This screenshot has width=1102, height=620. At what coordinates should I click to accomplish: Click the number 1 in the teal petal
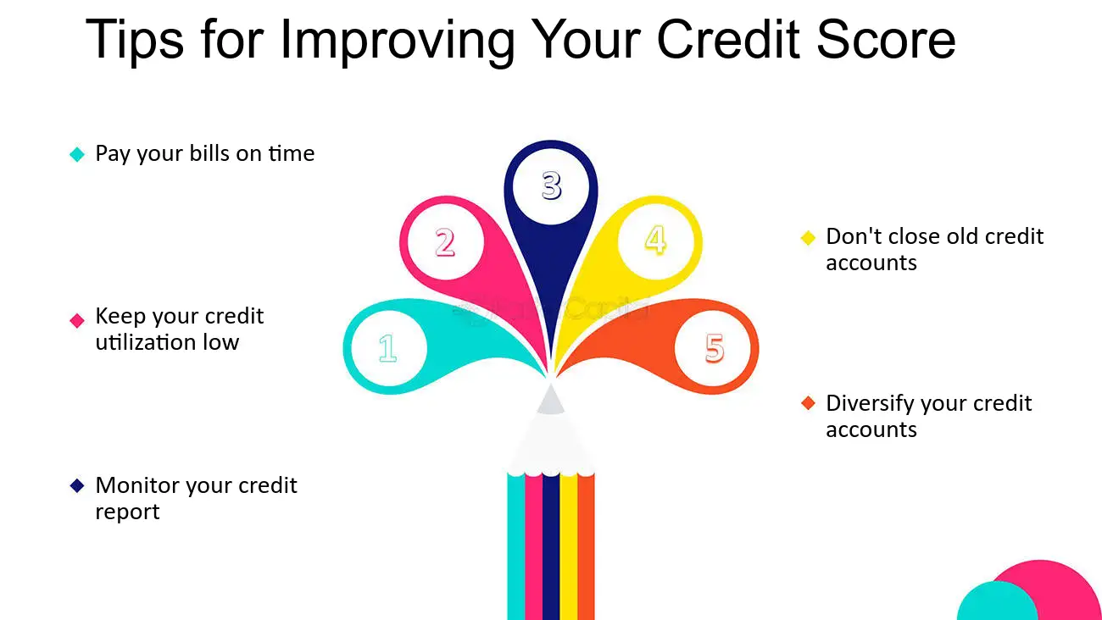387,348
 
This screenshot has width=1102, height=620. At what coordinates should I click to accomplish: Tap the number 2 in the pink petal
445,243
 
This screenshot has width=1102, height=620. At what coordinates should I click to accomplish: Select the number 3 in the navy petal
551,185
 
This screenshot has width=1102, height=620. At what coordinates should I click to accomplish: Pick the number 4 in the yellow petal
655,240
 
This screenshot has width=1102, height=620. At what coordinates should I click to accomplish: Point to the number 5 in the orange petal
715,348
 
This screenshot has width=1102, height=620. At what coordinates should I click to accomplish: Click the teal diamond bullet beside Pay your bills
77,154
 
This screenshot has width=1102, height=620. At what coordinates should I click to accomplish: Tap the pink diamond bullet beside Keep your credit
77,320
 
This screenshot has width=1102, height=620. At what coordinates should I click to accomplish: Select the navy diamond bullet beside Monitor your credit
77,486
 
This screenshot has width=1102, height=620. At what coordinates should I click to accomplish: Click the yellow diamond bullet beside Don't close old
808,237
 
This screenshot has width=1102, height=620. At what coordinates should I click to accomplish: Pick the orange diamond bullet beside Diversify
808,403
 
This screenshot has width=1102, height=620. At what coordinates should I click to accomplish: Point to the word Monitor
136,485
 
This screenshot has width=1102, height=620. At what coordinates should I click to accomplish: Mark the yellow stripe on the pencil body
568,551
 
